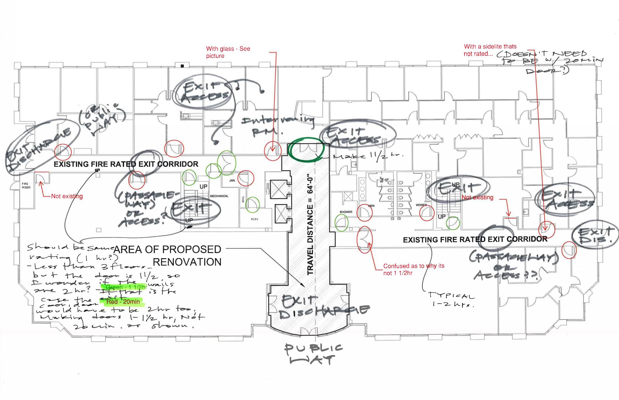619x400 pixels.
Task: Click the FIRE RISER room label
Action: (x=26, y=185)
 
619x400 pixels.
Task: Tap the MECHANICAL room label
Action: (x=219, y=196)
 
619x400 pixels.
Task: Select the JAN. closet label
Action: (x=232, y=180)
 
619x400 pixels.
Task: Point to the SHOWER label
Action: (x=346, y=212)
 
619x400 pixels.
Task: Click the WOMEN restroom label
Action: (x=421, y=205)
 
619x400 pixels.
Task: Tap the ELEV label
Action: (x=255, y=219)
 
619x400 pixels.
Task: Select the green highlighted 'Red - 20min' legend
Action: (x=123, y=302)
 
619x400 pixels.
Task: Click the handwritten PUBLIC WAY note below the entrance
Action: (x=313, y=354)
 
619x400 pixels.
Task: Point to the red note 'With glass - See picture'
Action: (x=228, y=52)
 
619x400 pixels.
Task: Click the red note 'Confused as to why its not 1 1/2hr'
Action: (x=414, y=269)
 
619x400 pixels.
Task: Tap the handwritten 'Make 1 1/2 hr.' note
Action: (x=367, y=156)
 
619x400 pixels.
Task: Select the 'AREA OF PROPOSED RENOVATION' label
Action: (x=167, y=255)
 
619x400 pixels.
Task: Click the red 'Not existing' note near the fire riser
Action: (x=67, y=196)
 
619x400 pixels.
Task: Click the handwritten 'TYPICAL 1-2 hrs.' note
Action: (x=451, y=300)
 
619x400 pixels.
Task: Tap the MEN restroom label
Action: (x=371, y=206)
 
